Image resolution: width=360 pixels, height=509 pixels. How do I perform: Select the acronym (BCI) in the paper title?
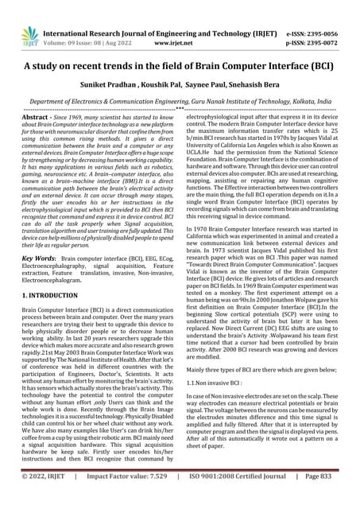tap(322, 67)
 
